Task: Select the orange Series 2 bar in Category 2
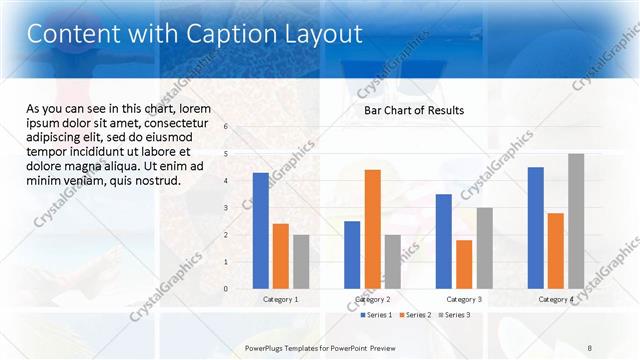pyautogui.click(x=372, y=229)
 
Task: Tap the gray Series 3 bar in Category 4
pyautogui.click(x=576, y=221)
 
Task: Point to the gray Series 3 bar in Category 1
pyautogui.click(x=301, y=261)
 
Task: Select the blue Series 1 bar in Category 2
pyautogui.click(x=352, y=255)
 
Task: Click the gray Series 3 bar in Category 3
pyautogui.click(x=484, y=248)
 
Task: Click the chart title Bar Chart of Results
pyautogui.click(x=413, y=110)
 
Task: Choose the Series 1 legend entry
pyautogui.click(x=376, y=315)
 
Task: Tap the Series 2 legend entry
pyautogui.click(x=416, y=315)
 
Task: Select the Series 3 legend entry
pyautogui.click(x=454, y=315)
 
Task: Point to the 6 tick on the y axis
pyautogui.click(x=227, y=127)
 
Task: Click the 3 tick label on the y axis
pyautogui.click(x=227, y=208)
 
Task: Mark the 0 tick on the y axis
pyautogui.click(x=227, y=289)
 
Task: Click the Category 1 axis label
pyautogui.click(x=281, y=300)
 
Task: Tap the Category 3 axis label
pyautogui.click(x=464, y=300)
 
